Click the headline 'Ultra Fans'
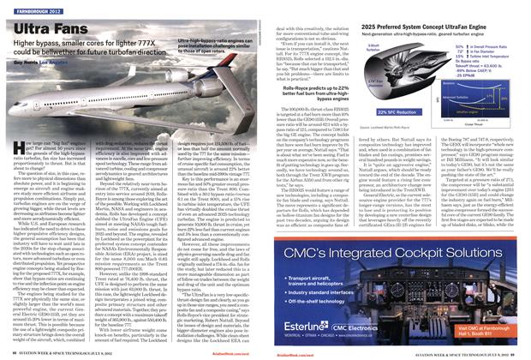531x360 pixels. pos(51,27)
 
